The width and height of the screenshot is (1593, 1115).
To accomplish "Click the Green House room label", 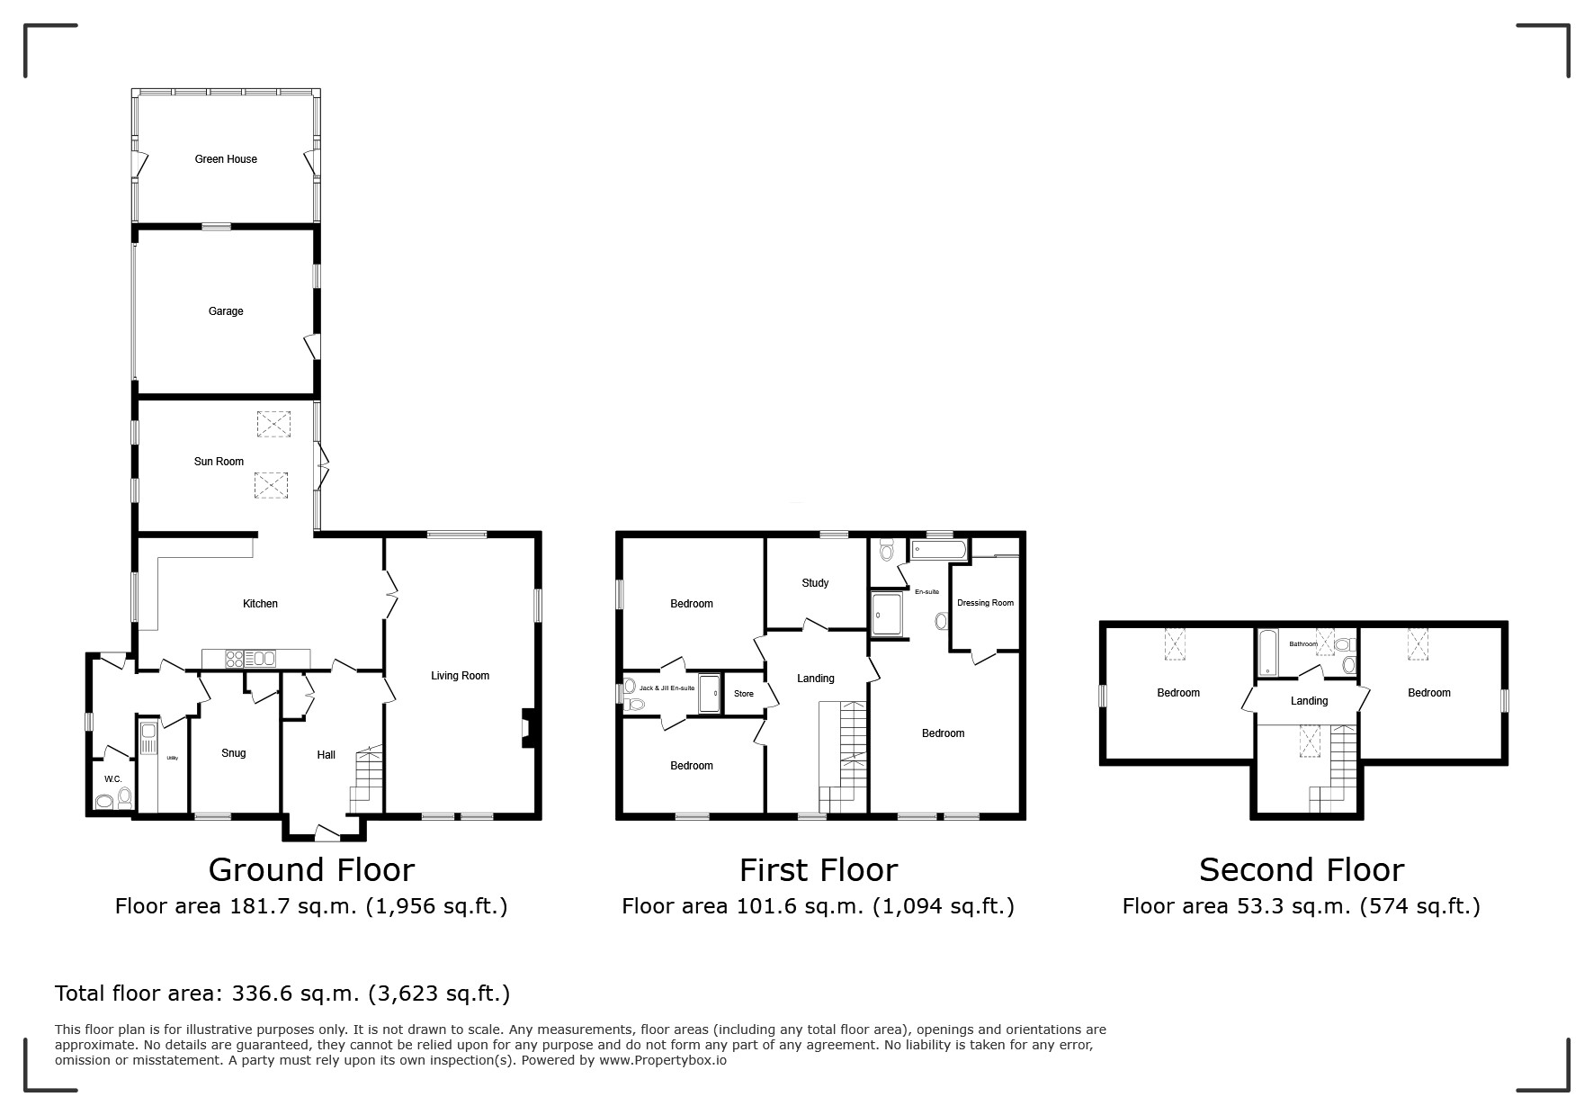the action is tap(226, 159).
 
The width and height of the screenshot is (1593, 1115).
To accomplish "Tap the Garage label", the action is tap(226, 311).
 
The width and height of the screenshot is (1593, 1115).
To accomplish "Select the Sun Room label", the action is tap(219, 462).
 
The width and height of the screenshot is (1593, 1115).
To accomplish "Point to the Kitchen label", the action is tap(261, 604).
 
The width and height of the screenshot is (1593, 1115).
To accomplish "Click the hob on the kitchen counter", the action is tap(234, 659).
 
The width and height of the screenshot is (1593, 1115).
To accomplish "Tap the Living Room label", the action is tap(460, 676).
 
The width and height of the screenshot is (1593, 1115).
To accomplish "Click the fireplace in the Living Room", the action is tap(529, 728).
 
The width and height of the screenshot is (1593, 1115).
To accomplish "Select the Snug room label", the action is tap(233, 753).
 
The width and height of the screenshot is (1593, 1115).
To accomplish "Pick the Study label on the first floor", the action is tap(815, 583).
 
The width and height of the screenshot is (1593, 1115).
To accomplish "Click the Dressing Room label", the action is tap(985, 603).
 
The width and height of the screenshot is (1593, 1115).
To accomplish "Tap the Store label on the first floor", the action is tap(744, 694).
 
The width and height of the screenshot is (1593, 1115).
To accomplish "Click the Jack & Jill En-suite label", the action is tap(667, 688).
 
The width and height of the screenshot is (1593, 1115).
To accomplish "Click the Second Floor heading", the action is tap(1301, 870).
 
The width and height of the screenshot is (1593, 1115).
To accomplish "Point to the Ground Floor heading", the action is tap(311, 870).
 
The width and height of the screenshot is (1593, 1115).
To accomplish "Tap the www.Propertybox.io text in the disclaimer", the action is tap(663, 1060).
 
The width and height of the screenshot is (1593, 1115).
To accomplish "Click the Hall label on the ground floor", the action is tap(326, 755).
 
